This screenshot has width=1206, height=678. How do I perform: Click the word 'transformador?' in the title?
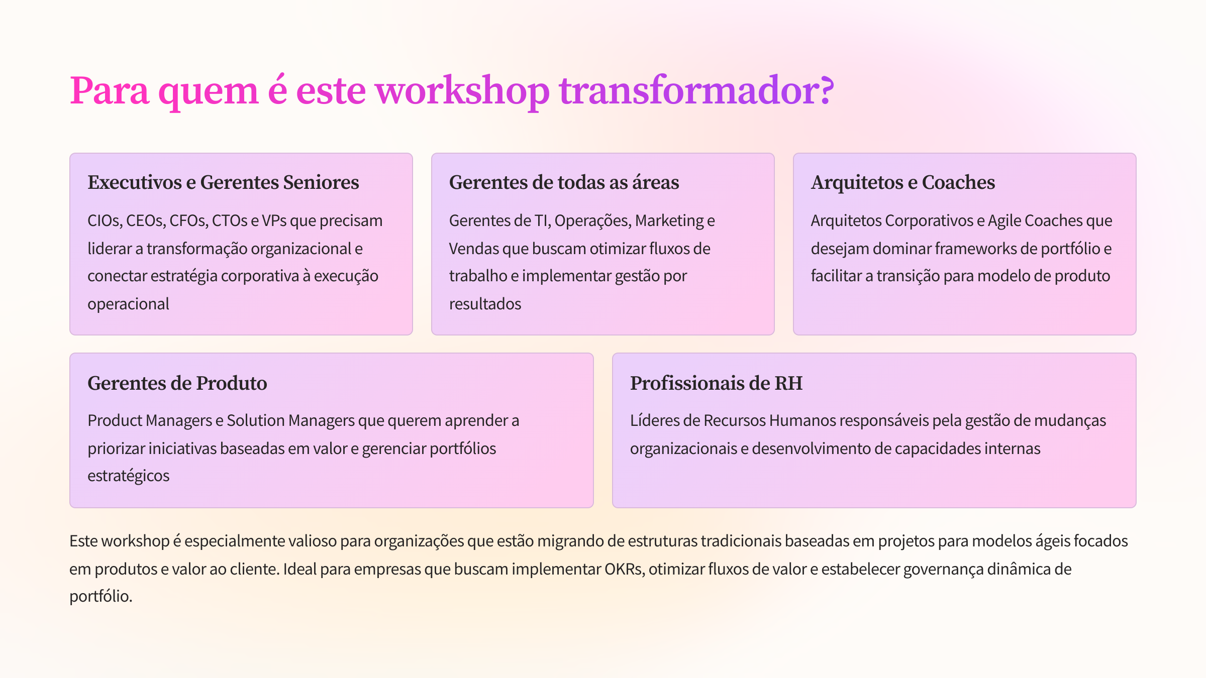[x=696, y=90]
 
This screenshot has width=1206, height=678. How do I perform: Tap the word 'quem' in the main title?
[x=209, y=93]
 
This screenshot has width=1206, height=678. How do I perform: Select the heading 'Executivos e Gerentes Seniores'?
[x=223, y=182]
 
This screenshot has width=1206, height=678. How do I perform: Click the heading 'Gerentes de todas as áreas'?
[x=564, y=182]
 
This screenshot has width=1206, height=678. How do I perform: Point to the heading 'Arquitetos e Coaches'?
[x=903, y=183]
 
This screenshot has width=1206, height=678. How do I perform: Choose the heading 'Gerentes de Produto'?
[x=177, y=383]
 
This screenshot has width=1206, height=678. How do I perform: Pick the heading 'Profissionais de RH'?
[x=716, y=383]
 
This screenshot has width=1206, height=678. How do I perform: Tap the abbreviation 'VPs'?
[x=274, y=221]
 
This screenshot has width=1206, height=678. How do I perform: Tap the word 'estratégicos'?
[x=129, y=476]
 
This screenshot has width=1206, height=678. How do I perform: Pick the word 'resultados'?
[x=485, y=304]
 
